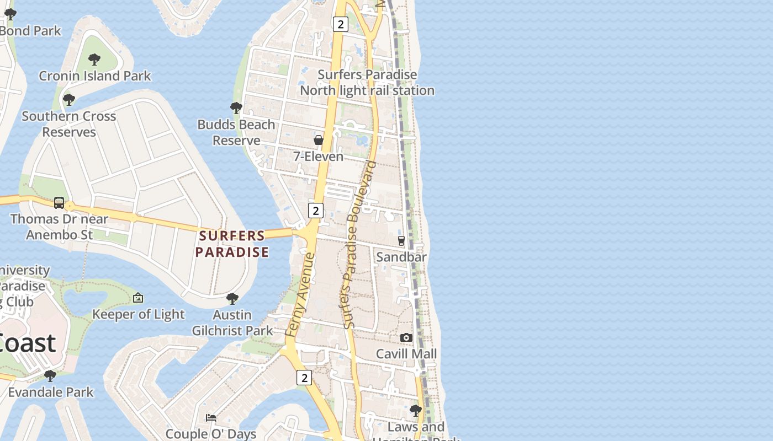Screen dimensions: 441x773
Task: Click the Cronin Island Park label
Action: pyautogui.click(x=95, y=76)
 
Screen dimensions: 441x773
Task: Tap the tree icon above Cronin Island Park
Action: pyautogui.click(x=94, y=59)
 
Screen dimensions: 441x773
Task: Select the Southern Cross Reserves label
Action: pyautogui.click(x=69, y=124)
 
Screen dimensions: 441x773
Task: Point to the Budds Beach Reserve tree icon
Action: pyautogui.click(x=236, y=107)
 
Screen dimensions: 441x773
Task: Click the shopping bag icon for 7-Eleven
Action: pyautogui.click(x=319, y=140)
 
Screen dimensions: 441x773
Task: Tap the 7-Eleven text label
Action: pyautogui.click(x=318, y=157)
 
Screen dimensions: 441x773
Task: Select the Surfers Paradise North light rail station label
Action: pyautogui.click(x=367, y=82)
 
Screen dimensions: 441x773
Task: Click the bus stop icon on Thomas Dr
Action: pyautogui.click(x=59, y=203)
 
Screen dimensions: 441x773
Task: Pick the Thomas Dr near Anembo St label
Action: pyautogui.click(x=59, y=227)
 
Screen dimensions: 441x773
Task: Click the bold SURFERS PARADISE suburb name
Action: pyautogui.click(x=232, y=244)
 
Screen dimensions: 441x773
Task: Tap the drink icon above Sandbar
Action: pyautogui.click(x=401, y=240)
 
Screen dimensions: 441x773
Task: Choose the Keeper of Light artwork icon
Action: pyautogui.click(x=138, y=298)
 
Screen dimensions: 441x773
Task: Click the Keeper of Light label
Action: pyautogui.click(x=138, y=314)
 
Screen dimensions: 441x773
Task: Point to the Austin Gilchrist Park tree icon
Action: pyautogui.click(x=232, y=299)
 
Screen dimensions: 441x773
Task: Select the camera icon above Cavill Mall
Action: pyautogui.click(x=406, y=337)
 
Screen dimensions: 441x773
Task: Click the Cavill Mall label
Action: pyautogui.click(x=406, y=354)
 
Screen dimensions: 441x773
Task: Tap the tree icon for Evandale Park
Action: pyautogui.click(x=50, y=376)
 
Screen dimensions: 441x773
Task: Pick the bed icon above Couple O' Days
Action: pyautogui.click(x=211, y=418)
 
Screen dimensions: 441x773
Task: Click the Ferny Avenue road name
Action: pyautogui.click(x=300, y=294)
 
